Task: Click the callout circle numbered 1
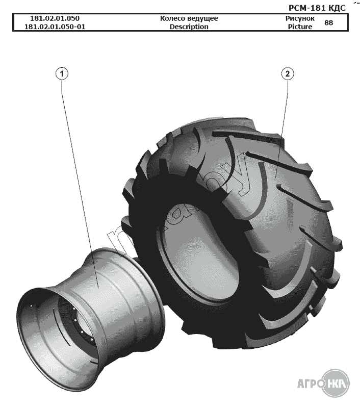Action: [62, 74]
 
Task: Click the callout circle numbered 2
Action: [288, 74]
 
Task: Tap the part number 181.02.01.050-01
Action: [55, 27]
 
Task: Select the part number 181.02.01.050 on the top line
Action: [55, 18]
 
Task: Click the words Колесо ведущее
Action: [189, 18]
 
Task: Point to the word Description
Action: [189, 27]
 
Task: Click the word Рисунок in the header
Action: [300, 18]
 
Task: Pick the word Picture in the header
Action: [300, 27]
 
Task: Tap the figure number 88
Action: [329, 22]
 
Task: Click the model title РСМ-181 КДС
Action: [317, 8]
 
